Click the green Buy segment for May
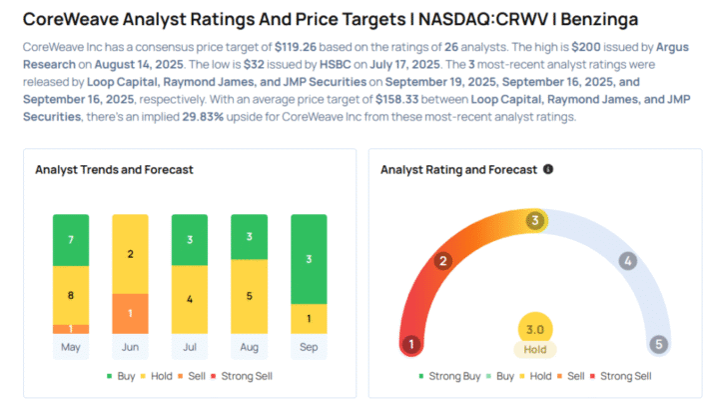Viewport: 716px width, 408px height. (71, 240)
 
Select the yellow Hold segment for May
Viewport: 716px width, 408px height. (71, 295)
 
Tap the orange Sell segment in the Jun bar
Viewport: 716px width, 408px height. (130, 313)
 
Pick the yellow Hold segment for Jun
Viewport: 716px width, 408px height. (130, 254)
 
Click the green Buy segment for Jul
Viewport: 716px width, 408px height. (189, 239)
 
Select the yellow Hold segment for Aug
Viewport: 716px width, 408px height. (248, 296)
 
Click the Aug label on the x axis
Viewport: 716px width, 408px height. (248, 346)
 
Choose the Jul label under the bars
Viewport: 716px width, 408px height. (189, 346)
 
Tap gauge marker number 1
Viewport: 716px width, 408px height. (409, 345)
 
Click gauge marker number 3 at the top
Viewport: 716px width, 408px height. (535, 220)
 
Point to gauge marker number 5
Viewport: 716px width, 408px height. (658, 345)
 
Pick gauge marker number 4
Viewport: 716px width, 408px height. (628, 261)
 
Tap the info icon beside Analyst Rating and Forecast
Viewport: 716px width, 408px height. (548, 169)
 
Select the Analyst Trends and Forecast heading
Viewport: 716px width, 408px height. (114, 170)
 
